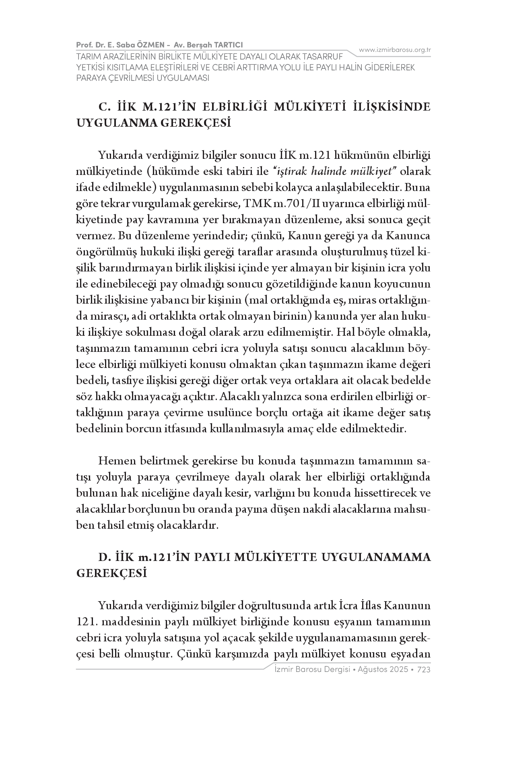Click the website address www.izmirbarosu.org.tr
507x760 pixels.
point(395,50)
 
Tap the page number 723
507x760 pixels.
point(424,670)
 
